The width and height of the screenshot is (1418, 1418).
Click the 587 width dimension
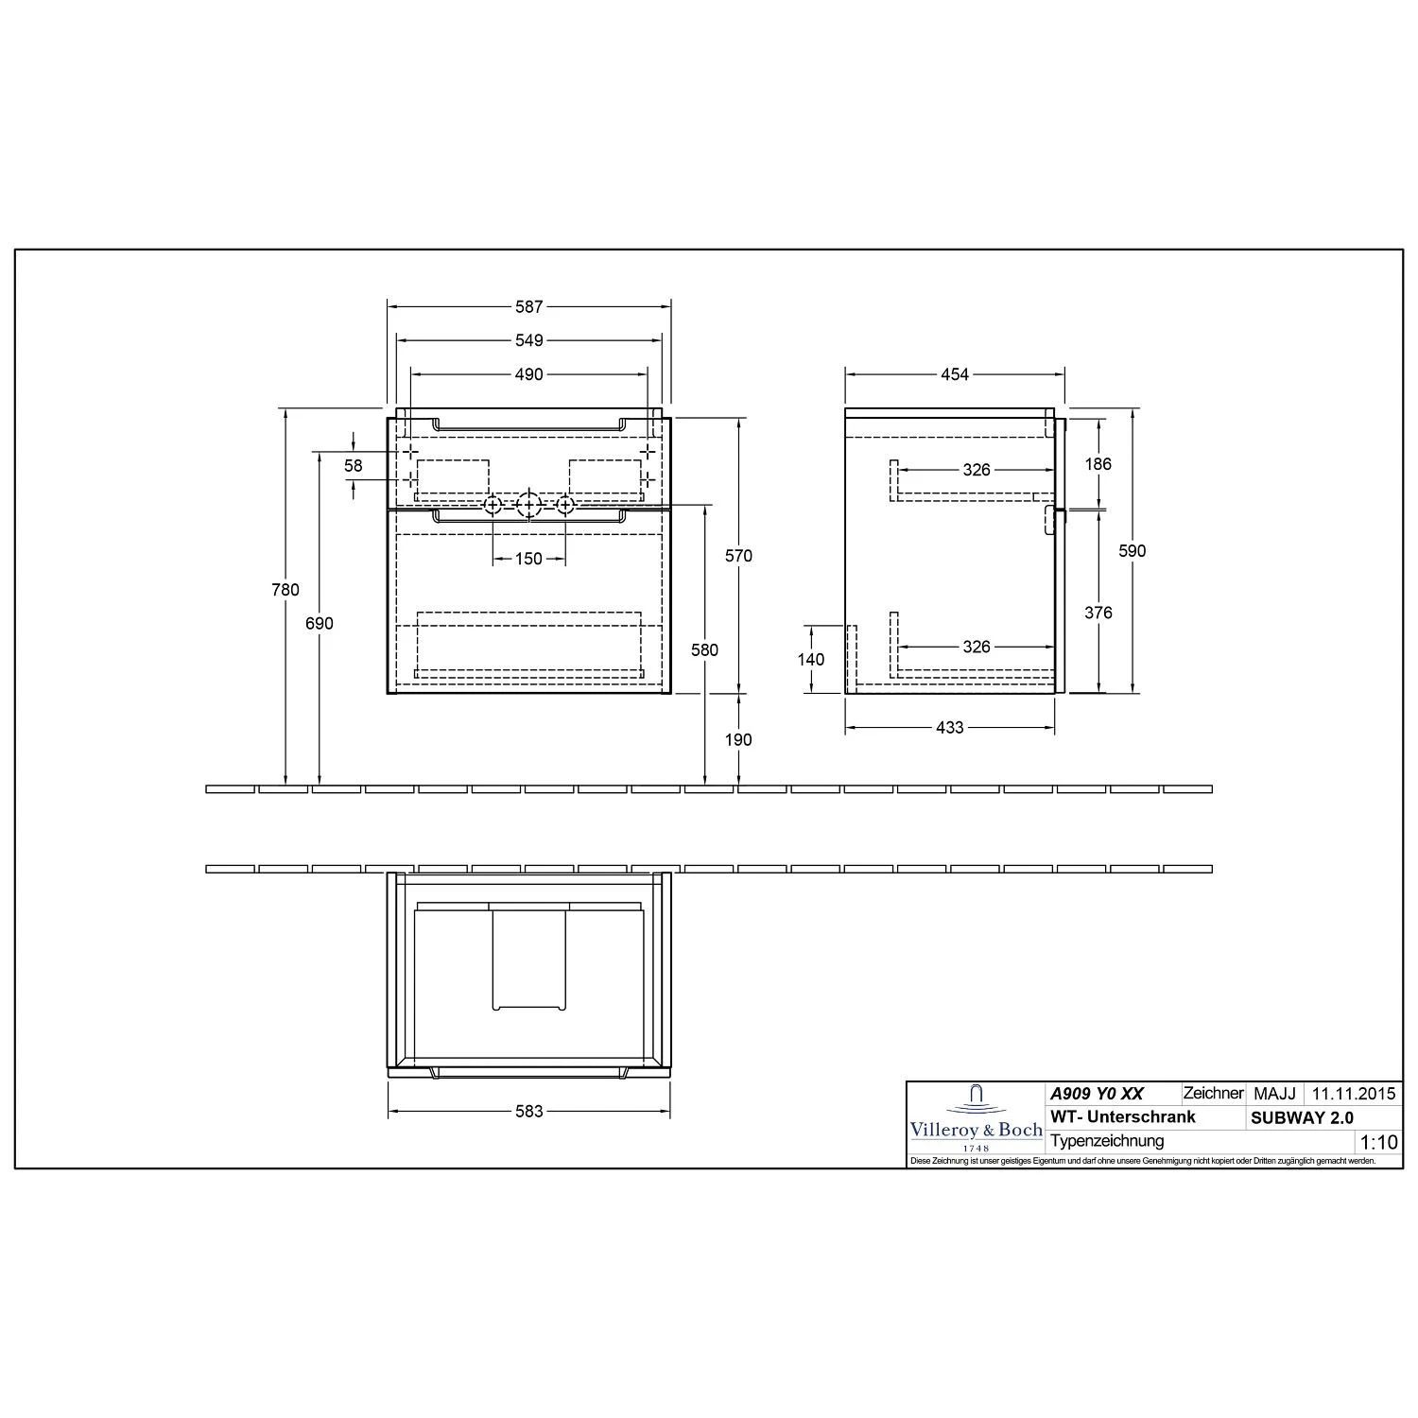[x=529, y=306]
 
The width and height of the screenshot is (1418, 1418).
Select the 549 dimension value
[x=529, y=340]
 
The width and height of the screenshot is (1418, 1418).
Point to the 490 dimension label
[x=529, y=374]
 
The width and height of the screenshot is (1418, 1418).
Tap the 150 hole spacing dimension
[x=529, y=559]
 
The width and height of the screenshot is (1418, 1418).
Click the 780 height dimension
[x=285, y=590]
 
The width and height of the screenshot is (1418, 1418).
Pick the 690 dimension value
[x=320, y=624]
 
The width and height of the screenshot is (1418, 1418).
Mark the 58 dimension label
[x=353, y=466]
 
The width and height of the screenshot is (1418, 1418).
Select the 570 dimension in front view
[x=738, y=556]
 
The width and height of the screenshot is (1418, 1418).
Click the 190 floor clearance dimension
[x=738, y=739]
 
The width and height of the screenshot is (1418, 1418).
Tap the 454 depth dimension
[x=955, y=374]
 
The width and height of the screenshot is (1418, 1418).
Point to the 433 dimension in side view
[x=949, y=727]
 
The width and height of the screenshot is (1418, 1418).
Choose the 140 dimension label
[x=811, y=660]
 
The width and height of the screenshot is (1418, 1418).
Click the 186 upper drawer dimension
[x=1098, y=464]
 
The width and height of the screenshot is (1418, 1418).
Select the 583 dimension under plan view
[x=529, y=1111]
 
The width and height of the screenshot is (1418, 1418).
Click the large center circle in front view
[x=528, y=506]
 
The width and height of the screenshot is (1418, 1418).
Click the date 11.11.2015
[x=1353, y=1094]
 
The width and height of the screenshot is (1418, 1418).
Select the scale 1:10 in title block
[x=1377, y=1143]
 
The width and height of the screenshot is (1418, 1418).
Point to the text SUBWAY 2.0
[x=1302, y=1117]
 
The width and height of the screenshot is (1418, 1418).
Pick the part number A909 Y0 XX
[x=1097, y=1094]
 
